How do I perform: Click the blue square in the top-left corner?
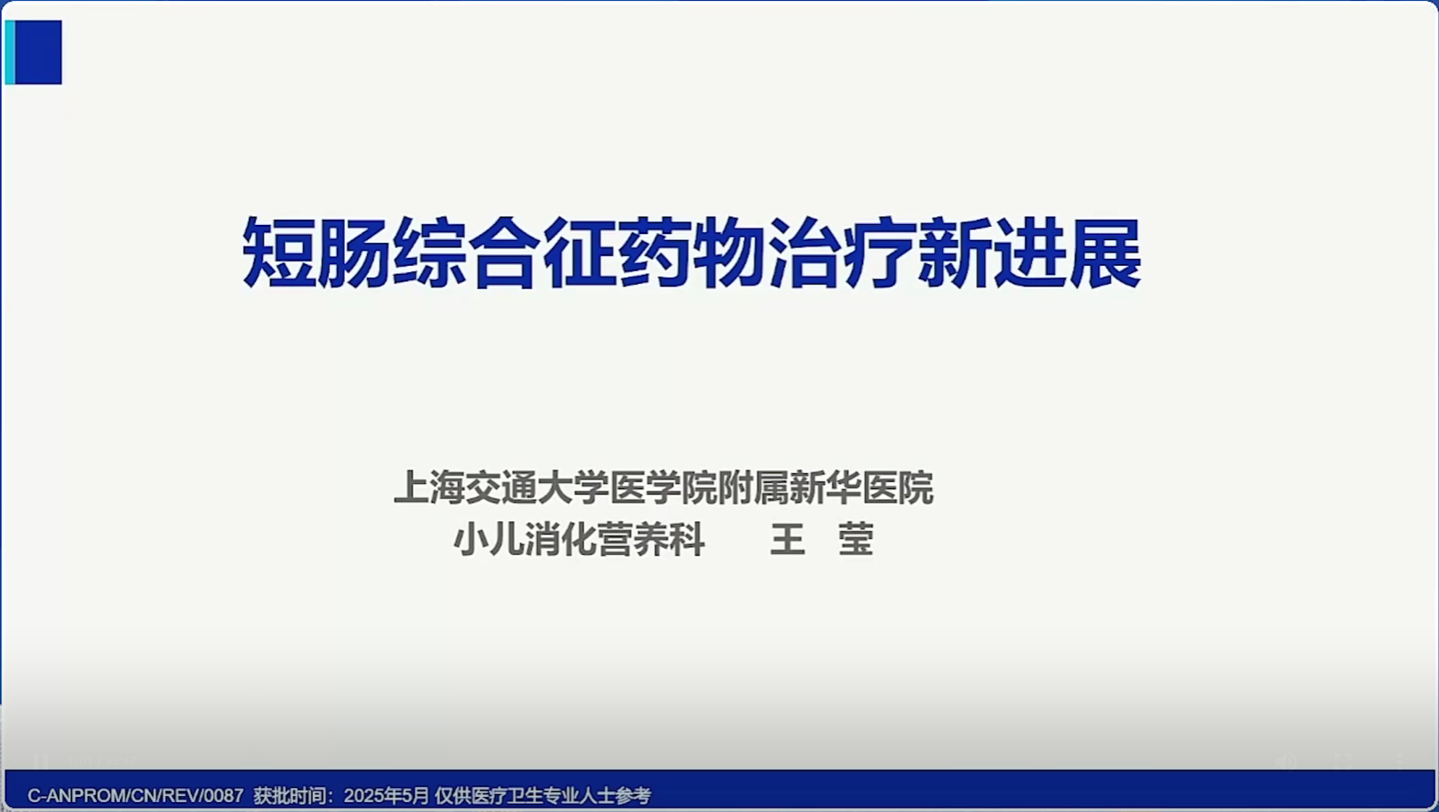click(x=38, y=52)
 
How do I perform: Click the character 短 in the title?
click(x=279, y=252)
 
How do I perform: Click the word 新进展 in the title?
click(x=1030, y=252)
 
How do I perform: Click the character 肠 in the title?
click(x=354, y=252)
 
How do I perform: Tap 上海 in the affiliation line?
click(x=428, y=487)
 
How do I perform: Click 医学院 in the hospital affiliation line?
click(x=662, y=487)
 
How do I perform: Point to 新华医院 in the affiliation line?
click(x=861, y=487)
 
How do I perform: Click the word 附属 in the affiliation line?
click(x=753, y=487)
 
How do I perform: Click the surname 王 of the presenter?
click(x=787, y=539)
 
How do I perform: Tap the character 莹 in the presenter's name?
click(x=856, y=539)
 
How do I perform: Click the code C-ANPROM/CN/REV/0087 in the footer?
click(x=136, y=796)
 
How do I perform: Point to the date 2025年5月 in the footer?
click(x=386, y=796)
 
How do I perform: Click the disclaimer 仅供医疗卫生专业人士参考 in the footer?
click(x=543, y=796)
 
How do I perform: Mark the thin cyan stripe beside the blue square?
click(x=10, y=52)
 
